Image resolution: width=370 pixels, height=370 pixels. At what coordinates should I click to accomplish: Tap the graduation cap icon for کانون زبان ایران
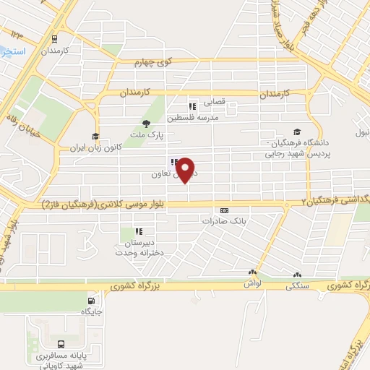[x=95, y=136]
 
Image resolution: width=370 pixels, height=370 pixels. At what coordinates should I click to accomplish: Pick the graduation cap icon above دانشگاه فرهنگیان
[x=297, y=131]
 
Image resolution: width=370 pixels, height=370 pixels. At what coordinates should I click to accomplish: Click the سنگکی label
[x=296, y=286]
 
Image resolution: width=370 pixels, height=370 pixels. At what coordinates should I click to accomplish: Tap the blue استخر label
[x=13, y=53]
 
